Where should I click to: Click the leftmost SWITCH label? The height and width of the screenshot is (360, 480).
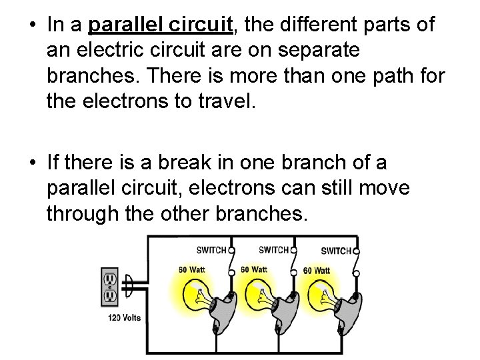[x=211, y=250]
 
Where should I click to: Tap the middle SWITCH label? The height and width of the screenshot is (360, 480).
[x=273, y=250]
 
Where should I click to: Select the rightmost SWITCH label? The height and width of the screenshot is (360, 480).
[x=336, y=251]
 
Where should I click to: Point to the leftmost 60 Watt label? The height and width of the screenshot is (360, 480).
[x=192, y=270]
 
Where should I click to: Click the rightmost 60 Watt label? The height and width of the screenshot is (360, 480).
[x=317, y=271]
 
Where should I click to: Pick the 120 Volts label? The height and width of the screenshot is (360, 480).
[x=124, y=318]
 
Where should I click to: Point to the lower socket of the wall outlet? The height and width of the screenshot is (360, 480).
[x=110, y=295]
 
